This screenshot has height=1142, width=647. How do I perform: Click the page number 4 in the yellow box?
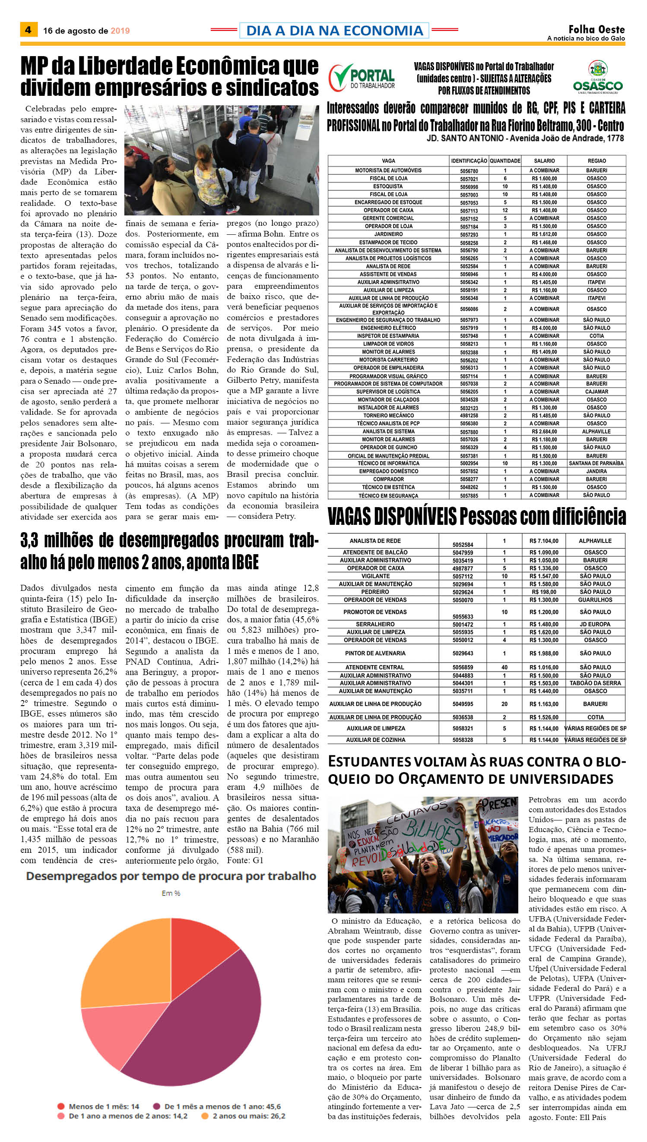(x=28, y=30)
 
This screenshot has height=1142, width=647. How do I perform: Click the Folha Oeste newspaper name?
(x=596, y=29)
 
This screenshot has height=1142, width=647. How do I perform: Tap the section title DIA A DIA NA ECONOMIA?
(x=334, y=31)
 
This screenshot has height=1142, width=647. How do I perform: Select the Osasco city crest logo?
(x=597, y=77)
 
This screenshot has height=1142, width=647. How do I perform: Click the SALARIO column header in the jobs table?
(x=544, y=161)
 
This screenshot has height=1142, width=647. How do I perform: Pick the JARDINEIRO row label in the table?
(x=388, y=234)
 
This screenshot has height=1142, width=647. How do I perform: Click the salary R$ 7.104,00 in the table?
(x=543, y=541)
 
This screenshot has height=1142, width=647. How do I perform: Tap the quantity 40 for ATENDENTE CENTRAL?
(x=504, y=667)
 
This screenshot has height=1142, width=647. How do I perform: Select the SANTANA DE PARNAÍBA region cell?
(x=596, y=463)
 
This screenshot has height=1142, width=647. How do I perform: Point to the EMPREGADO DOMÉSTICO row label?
(x=388, y=471)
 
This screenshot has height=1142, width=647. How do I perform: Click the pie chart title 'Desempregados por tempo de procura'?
(x=171, y=876)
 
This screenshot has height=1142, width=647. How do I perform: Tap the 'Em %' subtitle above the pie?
(x=171, y=893)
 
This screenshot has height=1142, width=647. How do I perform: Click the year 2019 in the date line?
(x=120, y=31)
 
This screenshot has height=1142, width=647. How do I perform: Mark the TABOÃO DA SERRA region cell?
(x=595, y=683)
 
